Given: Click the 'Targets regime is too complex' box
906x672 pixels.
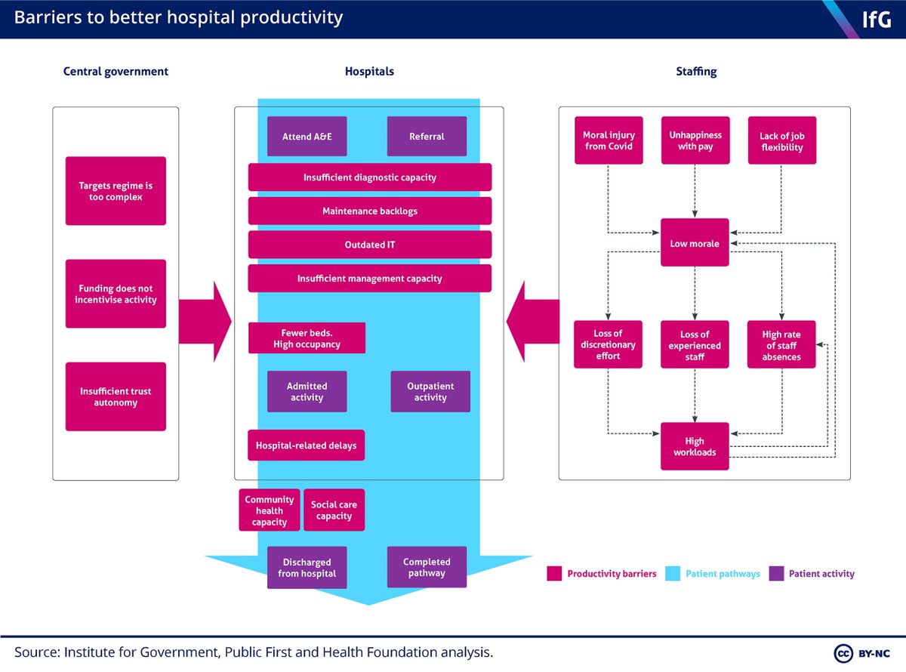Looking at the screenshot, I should (x=116, y=191).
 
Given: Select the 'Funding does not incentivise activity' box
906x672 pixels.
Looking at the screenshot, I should (x=116, y=294).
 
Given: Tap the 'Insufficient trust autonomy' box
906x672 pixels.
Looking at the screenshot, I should (x=116, y=396).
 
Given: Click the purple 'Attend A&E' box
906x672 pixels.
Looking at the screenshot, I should (x=307, y=137).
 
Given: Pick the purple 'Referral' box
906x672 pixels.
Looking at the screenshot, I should (x=427, y=137).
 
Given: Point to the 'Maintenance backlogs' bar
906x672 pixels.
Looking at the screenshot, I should (x=370, y=211).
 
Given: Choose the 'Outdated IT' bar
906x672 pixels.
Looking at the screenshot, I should (x=370, y=245).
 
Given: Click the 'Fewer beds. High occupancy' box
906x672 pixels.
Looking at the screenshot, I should (x=307, y=338).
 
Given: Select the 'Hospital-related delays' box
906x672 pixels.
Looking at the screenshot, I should (x=307, y=445).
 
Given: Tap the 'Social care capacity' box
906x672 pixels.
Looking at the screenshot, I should (x=334, y=510).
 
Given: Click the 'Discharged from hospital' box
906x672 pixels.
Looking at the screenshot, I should (x=307, y=568).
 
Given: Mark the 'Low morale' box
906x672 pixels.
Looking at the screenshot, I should (x=695, y=243).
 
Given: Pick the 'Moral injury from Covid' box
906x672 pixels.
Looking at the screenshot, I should (x=609, y=140).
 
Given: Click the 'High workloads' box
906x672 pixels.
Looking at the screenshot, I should (x=695, y=446).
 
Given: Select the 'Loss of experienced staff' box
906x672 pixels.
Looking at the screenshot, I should (x=695, y=345).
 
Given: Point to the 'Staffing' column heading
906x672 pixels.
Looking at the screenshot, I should (x=696, y=72).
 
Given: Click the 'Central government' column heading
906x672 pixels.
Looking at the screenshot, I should (x=116, y=72).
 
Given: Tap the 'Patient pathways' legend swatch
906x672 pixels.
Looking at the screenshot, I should (x=673, y=574).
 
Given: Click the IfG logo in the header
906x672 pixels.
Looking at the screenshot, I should (x=876, y=19).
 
